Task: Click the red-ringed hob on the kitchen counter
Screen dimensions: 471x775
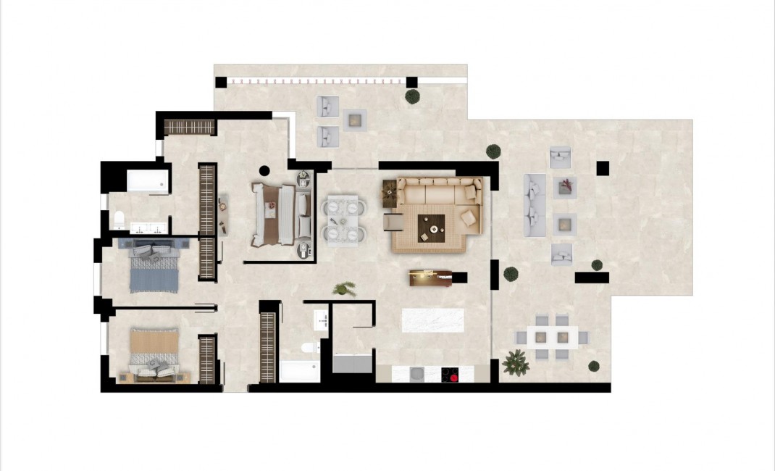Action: click(451, 375)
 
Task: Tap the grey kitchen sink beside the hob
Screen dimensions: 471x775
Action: click(417, 374)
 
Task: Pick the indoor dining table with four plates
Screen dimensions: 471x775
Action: click(344, 219)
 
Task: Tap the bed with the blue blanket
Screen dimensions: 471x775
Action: click(153, 266)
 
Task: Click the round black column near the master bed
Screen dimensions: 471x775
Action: click(264, 171)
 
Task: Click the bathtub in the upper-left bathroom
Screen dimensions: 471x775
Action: click(148, 182)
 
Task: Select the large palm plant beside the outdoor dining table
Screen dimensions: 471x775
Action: click(516, 362)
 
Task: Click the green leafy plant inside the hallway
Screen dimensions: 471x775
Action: click(344, 289)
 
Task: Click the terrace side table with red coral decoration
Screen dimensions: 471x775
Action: click(565, 188)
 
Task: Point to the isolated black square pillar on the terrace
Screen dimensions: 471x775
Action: click(602, 169)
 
